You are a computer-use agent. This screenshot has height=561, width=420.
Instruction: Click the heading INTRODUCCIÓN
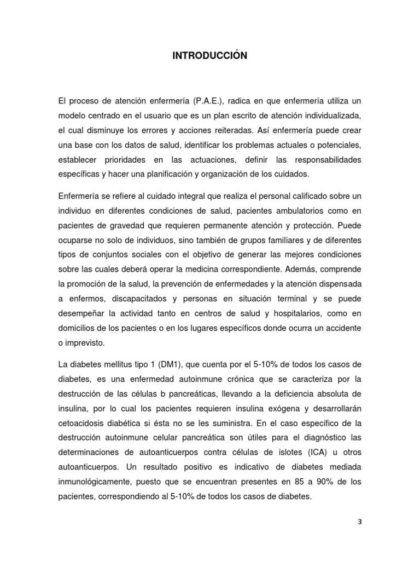point(210,55)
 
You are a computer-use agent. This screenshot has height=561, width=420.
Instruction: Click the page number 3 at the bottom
point(359,522)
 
